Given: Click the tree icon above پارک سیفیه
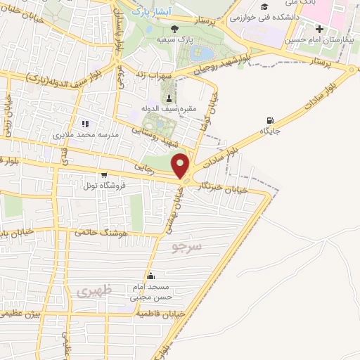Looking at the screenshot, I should tap(174, 29).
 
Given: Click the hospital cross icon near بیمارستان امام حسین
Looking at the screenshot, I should tap(319, 29).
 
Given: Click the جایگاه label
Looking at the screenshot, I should tap(271, 131).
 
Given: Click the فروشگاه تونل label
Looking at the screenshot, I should tap(103, 186).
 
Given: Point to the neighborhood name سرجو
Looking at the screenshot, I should tap(186, 247).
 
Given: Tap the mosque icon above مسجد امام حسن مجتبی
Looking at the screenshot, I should tap(150, 276).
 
